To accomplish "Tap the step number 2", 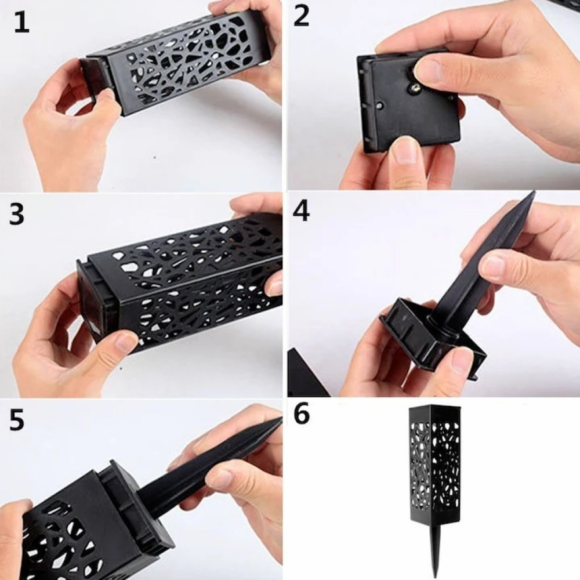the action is click(302, 17).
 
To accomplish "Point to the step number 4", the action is click(301, 211).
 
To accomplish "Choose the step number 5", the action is click(17, 420).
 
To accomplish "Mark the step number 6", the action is click(302, 414).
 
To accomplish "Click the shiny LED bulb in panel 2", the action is click(415, 88).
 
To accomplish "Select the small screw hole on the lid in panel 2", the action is click(379, 106).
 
